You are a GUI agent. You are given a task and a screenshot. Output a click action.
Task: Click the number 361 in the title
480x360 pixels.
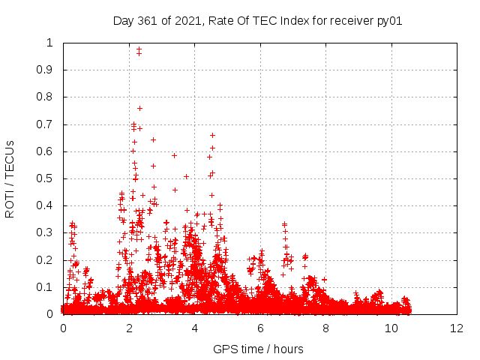[146, 21]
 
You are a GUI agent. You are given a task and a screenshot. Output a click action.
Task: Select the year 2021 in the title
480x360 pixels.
[184, 21]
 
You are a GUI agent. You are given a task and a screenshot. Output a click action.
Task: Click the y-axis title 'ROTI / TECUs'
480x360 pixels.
[10, 178]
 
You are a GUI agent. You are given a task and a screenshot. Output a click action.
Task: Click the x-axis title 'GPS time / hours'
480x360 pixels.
[259, 349]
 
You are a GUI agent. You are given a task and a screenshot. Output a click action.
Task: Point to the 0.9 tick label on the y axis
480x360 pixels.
[46, 70]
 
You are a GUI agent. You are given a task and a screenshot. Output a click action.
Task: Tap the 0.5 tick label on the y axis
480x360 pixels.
[46, 179]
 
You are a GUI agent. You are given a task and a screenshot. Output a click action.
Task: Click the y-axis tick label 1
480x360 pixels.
[51, 43]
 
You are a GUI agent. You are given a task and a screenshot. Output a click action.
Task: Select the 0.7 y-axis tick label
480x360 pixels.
[46, 124]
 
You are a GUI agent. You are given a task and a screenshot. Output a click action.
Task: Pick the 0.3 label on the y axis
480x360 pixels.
[46, 233]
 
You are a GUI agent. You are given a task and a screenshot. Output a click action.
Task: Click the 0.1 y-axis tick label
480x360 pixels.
[46, 287]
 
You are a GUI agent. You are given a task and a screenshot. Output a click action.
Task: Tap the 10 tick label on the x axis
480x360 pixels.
[391, 328]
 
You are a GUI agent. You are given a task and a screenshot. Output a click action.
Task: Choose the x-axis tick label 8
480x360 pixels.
[326, 328]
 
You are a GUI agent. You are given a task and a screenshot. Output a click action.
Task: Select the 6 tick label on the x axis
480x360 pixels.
[260, 328]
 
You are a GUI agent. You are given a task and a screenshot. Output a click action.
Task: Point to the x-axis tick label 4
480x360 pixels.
[195, 328]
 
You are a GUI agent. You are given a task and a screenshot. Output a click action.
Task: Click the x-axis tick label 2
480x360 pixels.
[129, 328]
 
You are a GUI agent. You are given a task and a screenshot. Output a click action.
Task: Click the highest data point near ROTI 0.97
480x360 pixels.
[139, 49]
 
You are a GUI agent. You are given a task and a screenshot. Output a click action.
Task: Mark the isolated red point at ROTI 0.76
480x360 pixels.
[139, 108]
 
